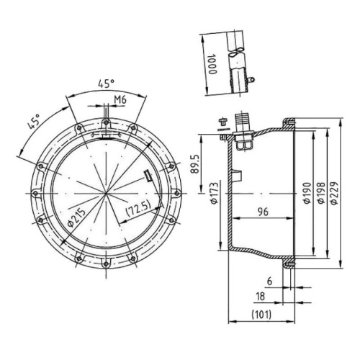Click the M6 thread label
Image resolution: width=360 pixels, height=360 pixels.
(x=120, y=99)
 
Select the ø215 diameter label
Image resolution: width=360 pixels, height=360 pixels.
(x=76, y=217)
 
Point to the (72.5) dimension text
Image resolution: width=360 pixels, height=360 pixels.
(x=138, y=208)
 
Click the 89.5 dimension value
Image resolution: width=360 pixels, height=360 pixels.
(x=195, y=164)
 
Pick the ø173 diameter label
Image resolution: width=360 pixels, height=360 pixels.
(x=215, y=193)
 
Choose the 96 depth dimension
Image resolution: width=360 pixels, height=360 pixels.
(x=263, y=212)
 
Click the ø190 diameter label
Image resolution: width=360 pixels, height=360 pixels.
(x=307, y=193)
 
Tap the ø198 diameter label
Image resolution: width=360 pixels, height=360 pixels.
(x=321, y=193)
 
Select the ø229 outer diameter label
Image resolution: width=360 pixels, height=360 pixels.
(x=334, y=193)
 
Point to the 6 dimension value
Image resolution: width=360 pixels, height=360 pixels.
(x=270, y=282)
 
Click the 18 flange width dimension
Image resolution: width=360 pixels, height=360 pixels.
(x=261, y=296)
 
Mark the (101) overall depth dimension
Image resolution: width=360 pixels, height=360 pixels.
(x=261, y=314)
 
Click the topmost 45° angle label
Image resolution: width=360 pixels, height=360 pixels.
(x=106, y=84)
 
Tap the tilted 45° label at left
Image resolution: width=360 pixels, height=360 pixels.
(x=34, y=122)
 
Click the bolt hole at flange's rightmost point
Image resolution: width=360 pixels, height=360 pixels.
(x=177, y=193)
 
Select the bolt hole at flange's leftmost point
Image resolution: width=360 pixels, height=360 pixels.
(x=35, y=193)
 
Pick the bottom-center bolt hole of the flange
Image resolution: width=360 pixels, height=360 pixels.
(x=106, y=264)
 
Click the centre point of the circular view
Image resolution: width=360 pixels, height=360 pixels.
(x=106, y=193)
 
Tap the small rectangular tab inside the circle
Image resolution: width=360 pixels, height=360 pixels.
(x=148, y=176)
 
